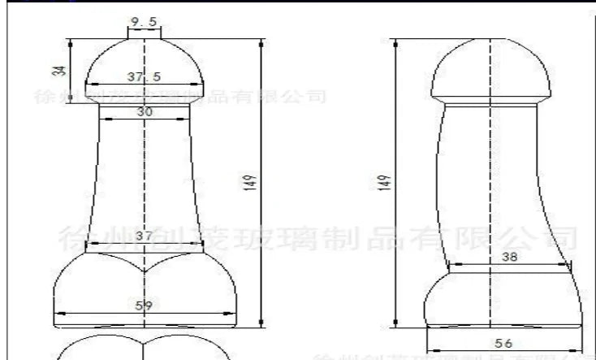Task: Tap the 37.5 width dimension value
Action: click(143, 76)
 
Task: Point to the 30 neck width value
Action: click(144, 111)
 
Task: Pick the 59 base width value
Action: click(144, 306)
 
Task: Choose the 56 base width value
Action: click(506, 345)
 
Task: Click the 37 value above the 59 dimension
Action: click(144, 235)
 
